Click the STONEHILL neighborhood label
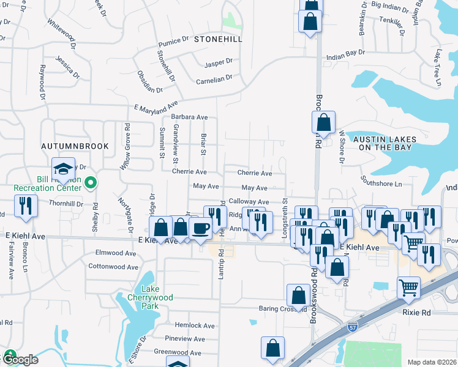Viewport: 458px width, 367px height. coord(218,39)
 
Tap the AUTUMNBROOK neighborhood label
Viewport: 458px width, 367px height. coord(75,146)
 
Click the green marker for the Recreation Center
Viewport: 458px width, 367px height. coord(91,182)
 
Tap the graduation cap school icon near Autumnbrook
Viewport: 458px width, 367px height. coord(62,169)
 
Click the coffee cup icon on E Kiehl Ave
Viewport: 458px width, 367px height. coord(200,229)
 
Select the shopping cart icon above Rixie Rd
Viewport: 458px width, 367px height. coord(408,286)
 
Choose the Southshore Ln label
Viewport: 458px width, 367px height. coord(381,183)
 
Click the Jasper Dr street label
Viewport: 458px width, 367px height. coord(219,62)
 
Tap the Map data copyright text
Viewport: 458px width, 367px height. coord(432,362)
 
